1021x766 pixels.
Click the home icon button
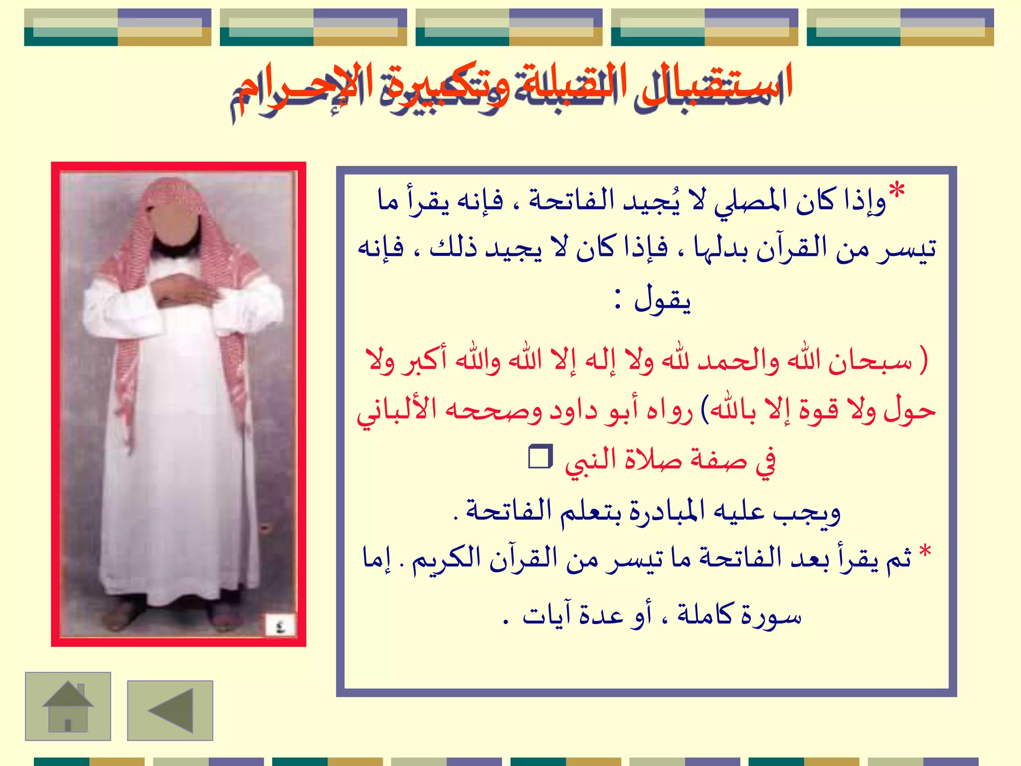(68, 706)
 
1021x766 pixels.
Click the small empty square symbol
(540, 457)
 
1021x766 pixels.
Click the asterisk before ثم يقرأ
(925, 552)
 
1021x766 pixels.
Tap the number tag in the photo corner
(280, 625)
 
